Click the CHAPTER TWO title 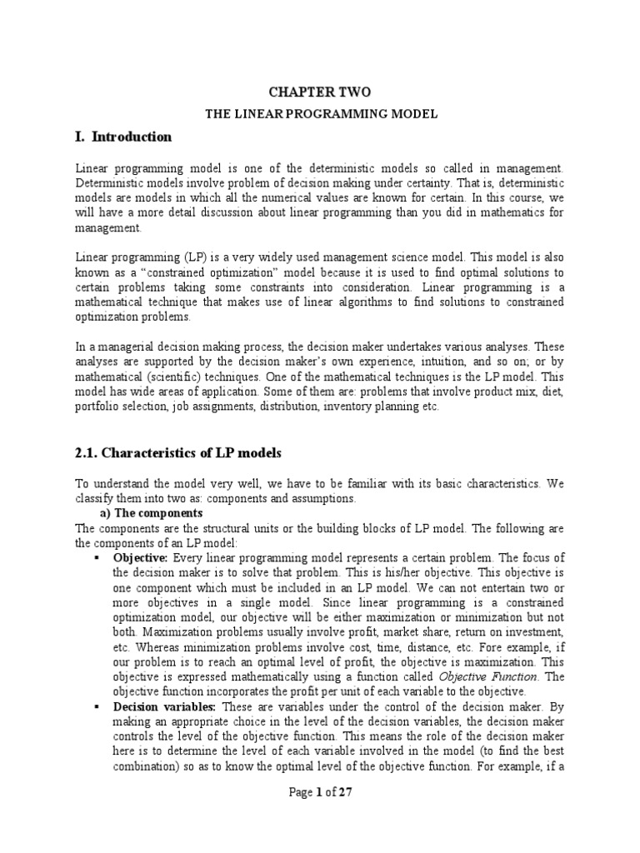tap(320, 92)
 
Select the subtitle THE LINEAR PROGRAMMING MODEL tap(320, 112)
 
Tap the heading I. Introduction tap(123, 137)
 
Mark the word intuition tap(423, 362)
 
